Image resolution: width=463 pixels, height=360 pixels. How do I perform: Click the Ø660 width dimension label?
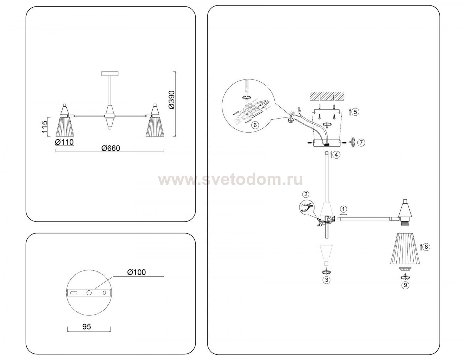[x=111, y=148]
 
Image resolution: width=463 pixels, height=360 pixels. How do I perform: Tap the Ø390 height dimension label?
[x=172, y=100]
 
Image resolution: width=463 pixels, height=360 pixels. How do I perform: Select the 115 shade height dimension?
[x=44, y=127]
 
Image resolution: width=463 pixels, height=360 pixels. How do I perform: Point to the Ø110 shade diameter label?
[x=64, y=142]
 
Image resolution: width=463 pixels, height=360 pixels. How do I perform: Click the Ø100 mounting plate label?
[x=136, y=272]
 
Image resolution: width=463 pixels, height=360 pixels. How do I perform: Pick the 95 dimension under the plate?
[x=86, y=326]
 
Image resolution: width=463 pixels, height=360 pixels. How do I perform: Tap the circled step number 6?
[x=255, y=125]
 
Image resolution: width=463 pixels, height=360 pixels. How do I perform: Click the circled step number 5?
[x=355, y=112]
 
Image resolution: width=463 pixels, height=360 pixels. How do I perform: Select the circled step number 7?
[x=361, y=143]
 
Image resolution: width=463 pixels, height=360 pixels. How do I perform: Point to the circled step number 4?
[x=336, y=155]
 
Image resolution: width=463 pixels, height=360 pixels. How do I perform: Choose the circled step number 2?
[x=306, y=194]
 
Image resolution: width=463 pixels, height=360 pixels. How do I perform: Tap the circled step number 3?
[x=327, y=280]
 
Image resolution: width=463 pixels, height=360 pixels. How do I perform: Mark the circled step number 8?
[x=426, y=247]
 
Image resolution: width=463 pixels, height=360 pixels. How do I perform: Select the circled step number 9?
[x=405, y=285]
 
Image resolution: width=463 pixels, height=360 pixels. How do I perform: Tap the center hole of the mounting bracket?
[x=89, y=293]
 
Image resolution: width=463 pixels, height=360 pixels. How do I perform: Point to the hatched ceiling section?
[x=327, y=96]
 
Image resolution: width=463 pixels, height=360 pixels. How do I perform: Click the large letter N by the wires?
[x=292, y=114]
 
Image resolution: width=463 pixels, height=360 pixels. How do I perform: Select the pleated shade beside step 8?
[x=405, y=249]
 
